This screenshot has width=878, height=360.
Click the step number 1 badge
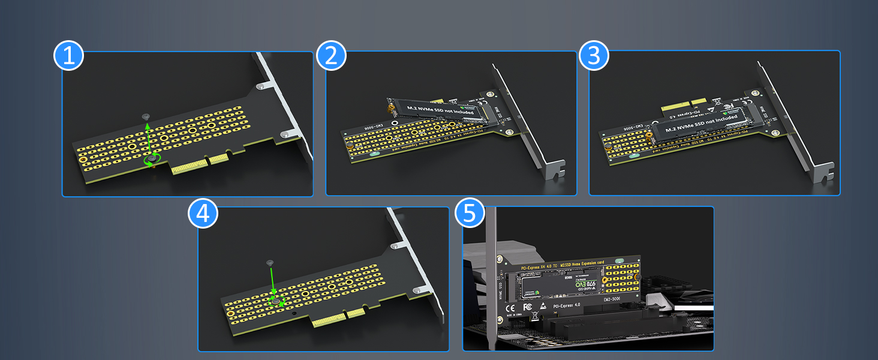pyautogui.click(x=68, y=56)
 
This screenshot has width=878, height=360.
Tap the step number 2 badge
pyautogui.click(x=332, y=56)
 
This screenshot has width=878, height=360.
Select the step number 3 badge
pyautogui.click(x=594, y=56)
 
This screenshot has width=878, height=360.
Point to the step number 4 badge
pyautogui.click(x=203, y=213)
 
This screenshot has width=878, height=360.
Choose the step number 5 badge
pyautogui.click(x=470, y=213)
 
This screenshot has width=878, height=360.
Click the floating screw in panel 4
pyautogui.click(x=269, y=263)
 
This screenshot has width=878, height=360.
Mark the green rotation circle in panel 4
pyautogui.click(x=276, y=300)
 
